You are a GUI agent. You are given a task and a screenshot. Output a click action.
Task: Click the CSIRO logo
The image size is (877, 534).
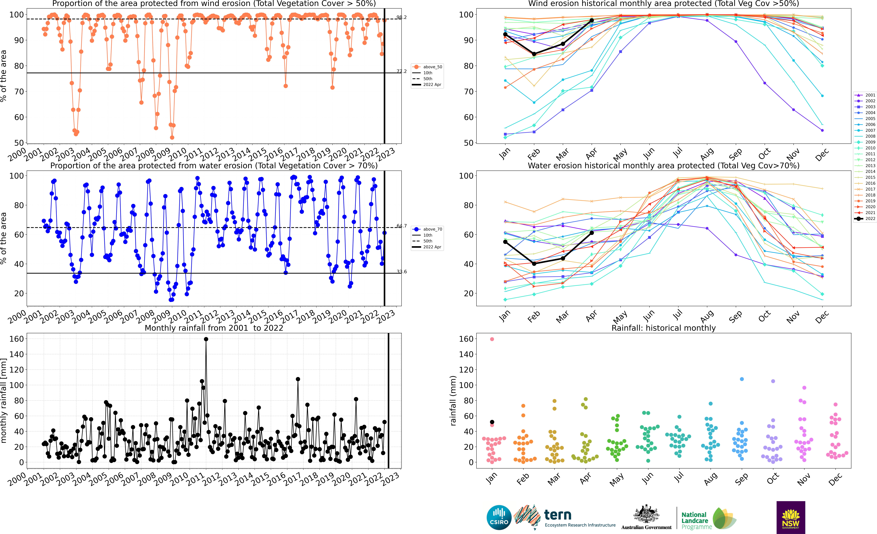click(499, 517)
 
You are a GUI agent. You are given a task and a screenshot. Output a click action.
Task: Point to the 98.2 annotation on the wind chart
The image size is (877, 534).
click(401, 17)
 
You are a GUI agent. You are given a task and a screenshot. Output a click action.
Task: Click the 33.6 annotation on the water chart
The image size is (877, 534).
click(401, 272)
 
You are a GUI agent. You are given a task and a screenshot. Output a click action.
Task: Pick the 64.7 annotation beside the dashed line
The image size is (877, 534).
click(401, 226)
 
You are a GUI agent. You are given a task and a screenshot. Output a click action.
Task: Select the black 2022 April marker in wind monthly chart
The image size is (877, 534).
click(592, 20)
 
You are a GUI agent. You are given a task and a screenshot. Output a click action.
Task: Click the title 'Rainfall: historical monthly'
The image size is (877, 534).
click(663, 328)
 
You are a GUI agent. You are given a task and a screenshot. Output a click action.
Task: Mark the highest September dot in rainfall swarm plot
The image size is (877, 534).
click(742, 379)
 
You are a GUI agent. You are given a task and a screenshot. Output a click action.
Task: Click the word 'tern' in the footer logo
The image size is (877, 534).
click(558, 515)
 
